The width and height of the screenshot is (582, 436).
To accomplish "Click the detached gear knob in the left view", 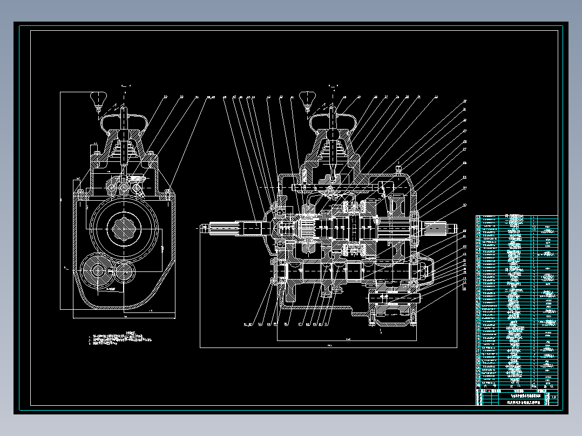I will [97, 100].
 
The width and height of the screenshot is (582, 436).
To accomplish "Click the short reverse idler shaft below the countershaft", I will [394, 297].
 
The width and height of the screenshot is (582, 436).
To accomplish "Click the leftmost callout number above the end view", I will [165, 97].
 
